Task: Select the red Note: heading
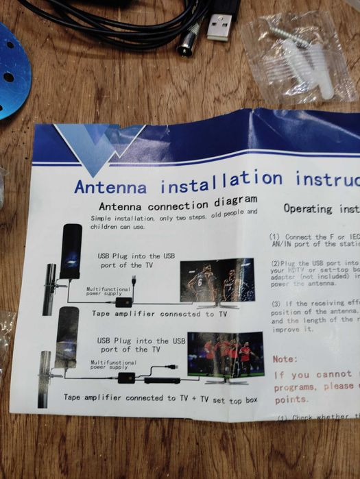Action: [285, 358]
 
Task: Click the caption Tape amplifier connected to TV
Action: [160, 314]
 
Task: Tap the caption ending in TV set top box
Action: [160, 398]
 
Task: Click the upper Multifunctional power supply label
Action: [109, 291]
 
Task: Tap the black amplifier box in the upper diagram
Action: [124, 302]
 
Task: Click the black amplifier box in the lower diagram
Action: [127, 378]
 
